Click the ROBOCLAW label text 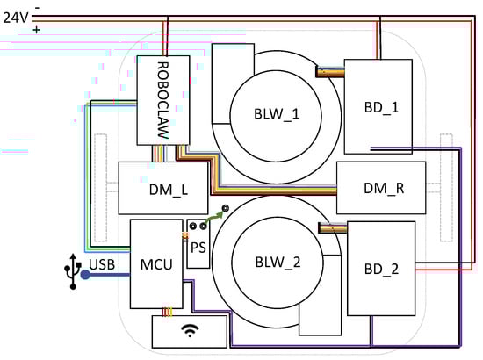point(163,100)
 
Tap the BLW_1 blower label point(277,114)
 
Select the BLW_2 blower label point(278,263)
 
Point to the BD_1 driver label point(381,107)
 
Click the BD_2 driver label point(381,270)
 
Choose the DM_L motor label point(169,190)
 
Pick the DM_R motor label point(384,188)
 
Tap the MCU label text point(156,264)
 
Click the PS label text point(198,248)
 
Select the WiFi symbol point(190,330)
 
